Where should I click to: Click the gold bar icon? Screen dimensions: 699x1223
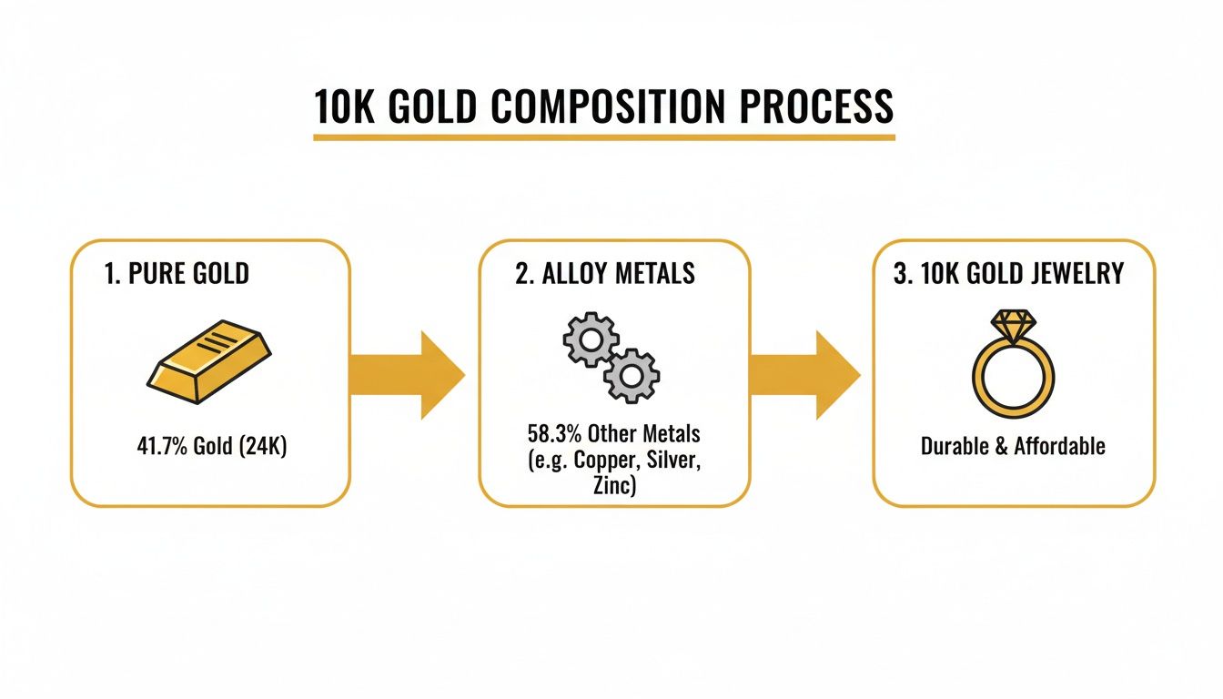208,360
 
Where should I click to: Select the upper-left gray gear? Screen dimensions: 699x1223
589,340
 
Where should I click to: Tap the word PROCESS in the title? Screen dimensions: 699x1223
816,106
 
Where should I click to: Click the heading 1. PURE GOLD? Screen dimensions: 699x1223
177,274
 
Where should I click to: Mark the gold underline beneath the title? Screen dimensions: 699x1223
603,137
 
